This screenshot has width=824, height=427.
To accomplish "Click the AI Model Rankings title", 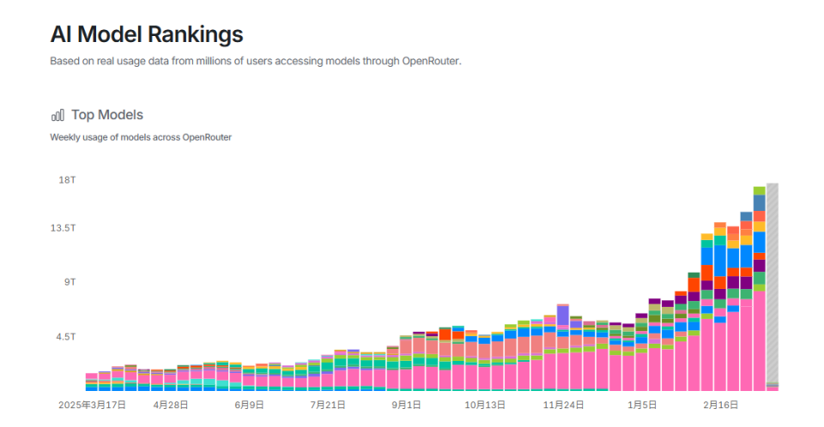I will click(146, 34).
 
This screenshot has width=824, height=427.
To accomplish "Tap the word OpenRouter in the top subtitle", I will click(432, 61).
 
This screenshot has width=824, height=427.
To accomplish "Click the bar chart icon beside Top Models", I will click(58, 115).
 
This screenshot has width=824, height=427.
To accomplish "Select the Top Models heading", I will click(107, 115).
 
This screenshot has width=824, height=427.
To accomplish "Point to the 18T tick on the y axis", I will click(67, 180).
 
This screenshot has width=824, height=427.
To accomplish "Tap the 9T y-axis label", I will click(70, 282).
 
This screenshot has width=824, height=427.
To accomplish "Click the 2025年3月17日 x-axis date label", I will click(92, 405).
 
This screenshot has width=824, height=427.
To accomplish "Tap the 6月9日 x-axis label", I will click(249, 405).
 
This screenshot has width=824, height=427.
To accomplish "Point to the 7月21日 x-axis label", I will click(328, 405).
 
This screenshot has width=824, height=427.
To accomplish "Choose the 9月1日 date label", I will click(406, 405).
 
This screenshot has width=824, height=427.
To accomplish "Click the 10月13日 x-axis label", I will click(485, 405).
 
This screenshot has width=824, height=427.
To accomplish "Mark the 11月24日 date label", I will click(564, 405).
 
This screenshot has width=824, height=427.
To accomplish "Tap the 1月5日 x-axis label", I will click(642, 405).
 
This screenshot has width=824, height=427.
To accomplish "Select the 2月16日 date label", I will click(721, 405).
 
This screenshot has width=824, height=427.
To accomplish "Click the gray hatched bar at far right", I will click(772, 283).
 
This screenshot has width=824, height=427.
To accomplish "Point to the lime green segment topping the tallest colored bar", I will click(760, 190).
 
